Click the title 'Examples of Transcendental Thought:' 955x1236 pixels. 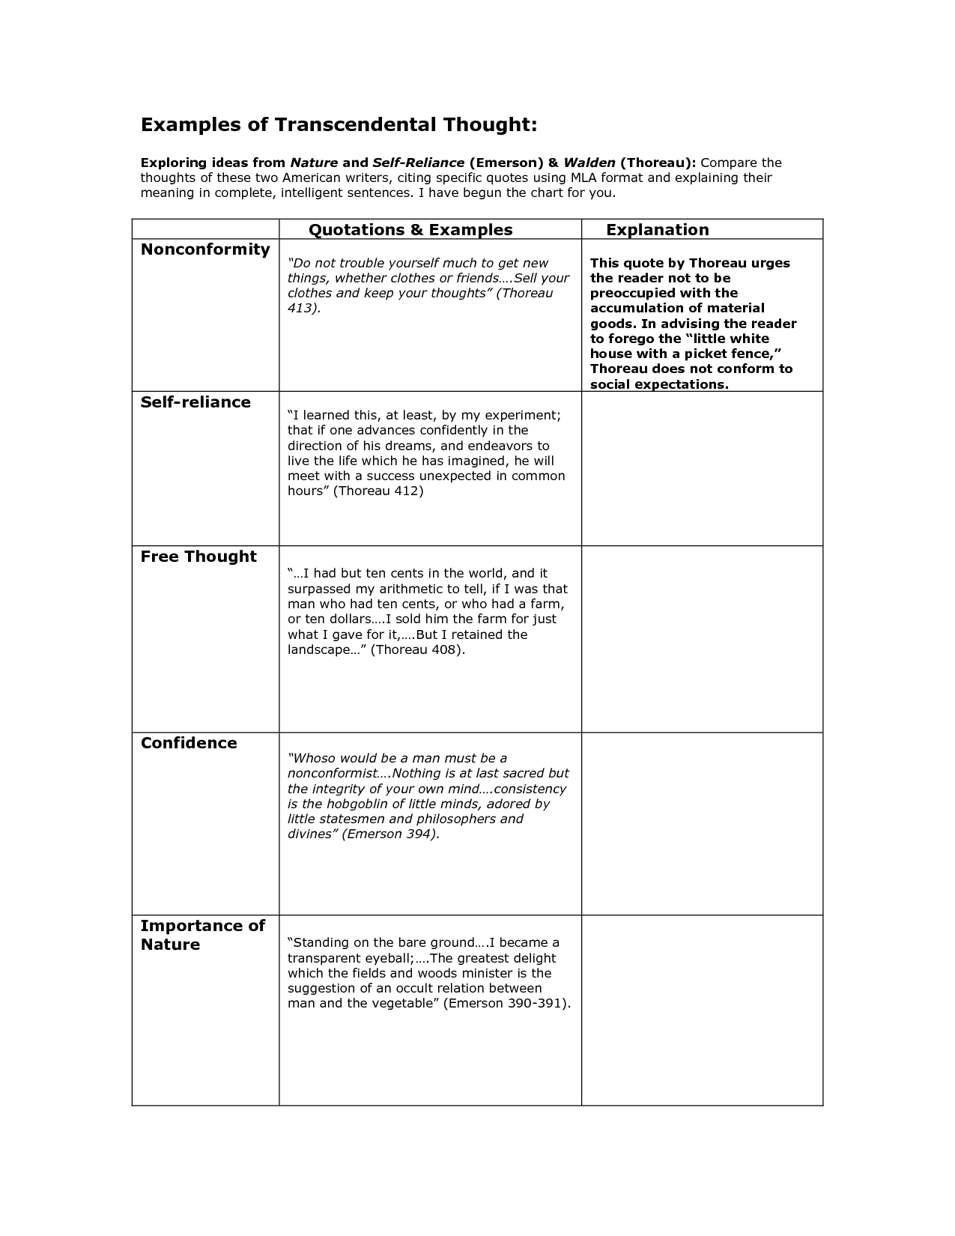tap(339, 124)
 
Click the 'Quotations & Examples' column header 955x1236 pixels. tap(410, 230)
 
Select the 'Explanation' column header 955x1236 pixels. tap(657, 230)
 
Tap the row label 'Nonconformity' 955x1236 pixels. tap(205, 249)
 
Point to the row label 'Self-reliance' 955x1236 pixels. tap(195, 402)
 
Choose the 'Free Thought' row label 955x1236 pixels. tap(198, 557)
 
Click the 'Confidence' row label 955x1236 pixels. tap(189, 743)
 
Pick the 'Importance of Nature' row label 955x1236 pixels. tap(202, 935)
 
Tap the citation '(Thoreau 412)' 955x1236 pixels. tap(378, 491)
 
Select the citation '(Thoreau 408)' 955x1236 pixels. tap(417, 649)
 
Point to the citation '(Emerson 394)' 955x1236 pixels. tap(389, 834)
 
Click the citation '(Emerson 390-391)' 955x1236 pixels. tap(506, 1004)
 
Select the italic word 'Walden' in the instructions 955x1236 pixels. tap(589, 163)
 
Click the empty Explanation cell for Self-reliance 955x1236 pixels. tap(702, 468)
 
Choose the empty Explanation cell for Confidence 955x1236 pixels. tap(702, 823)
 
